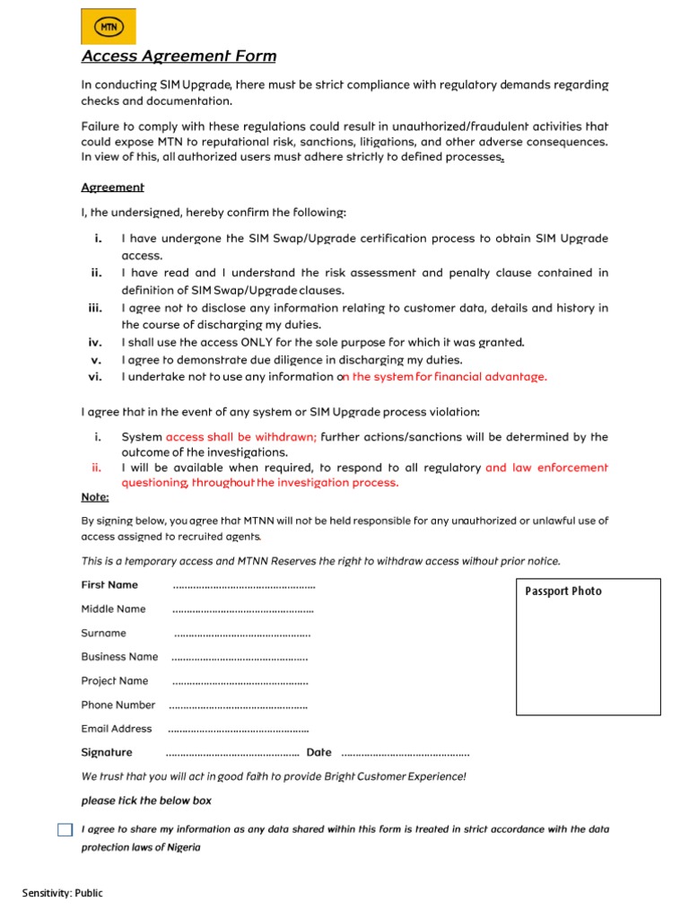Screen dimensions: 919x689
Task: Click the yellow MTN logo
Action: [109, 27]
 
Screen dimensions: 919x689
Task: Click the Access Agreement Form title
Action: [179, 57]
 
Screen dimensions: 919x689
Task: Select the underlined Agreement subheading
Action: [112, 188]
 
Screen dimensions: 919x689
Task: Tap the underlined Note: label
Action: [95, 497]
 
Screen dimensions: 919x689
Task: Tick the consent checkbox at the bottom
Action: [65, 830]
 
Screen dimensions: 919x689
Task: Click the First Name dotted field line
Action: [243, 586]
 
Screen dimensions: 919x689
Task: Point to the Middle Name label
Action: [113, 608]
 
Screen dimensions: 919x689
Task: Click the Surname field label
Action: [104, 633]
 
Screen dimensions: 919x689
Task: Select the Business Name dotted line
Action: [240, 658]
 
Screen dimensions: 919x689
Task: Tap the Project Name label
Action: [115, 680]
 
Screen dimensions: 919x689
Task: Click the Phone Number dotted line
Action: [238, 706]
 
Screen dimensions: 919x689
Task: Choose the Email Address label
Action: [117, 729]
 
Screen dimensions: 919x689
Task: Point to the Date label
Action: [318, 753]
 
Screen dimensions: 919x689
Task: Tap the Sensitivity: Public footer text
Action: [63, 893]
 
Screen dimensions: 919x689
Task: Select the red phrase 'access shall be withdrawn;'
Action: [241, 437]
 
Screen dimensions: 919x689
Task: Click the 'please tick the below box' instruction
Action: [146, 801]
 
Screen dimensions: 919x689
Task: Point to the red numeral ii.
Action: [97, 468]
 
